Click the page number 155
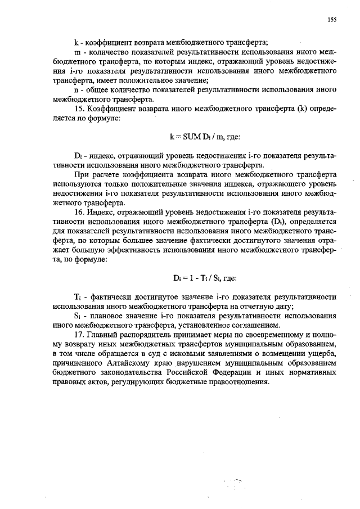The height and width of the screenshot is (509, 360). [x=332, y=20]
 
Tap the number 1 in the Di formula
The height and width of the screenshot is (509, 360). [x=191, y=277]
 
